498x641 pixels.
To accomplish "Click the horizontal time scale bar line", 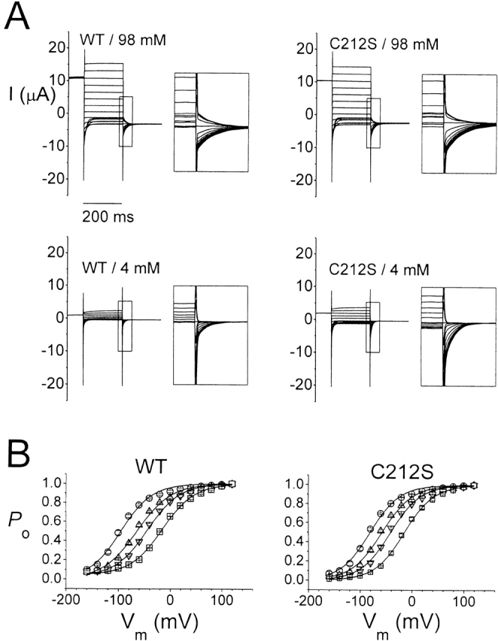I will pyautogui.click(x=102, y=203).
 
